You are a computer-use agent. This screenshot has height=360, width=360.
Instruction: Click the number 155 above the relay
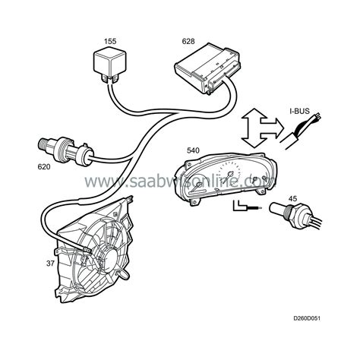(110, 41)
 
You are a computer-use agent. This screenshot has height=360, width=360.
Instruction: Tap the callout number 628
(188, 41)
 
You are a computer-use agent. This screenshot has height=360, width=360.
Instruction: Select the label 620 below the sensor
(44, 167)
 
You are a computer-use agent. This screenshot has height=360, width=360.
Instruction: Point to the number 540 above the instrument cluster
(193, 150)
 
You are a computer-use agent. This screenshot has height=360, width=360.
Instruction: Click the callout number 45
(292, 198)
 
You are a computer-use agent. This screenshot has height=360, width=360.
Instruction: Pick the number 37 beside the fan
(50, 264)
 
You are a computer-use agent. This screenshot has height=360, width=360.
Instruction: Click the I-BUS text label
(299, 111)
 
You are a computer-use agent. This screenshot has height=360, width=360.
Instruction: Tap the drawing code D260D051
(307, 318)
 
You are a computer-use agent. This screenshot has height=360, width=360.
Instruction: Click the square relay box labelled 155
(109, 63)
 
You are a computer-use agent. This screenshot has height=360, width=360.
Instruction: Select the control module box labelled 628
(207, 68)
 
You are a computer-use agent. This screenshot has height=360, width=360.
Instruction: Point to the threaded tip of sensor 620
(43, 144)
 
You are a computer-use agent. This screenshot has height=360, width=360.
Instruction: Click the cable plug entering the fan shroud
(85, 249)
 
